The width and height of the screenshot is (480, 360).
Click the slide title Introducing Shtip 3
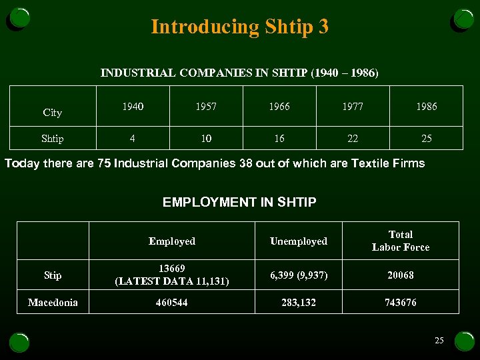pyautogui.click(x=239, y=27)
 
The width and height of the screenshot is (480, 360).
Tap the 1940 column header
pyautogui.click(x=132, y=106)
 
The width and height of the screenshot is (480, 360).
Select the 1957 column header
pyautogui.click(x=205, y=106)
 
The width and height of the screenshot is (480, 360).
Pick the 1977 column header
pyautogui.click(x=353, y=106)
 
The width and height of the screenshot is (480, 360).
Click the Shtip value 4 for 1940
pyautogui.click(x=132, y=139)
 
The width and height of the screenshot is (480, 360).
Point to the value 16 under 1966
pyautogui.click(x=279, y=139)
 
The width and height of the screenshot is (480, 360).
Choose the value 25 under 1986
pyautogui.click(x=426, y=139)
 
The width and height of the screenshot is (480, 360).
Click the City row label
pyautogui.click(x=52, y=113)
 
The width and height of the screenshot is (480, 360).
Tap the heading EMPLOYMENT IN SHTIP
pyautogui.click(x=239, y=202)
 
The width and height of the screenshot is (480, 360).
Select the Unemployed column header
pyautogui.click(x=298, y=241)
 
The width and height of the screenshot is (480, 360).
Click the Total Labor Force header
pyautogui.click(x=400, y=241)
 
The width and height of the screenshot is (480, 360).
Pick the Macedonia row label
pyautogui.click(x=53, y=303)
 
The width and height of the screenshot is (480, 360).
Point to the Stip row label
pyautogui.click(x=53, y=275)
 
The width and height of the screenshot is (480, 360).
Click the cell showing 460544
pyautogui.click(x=171, y=303)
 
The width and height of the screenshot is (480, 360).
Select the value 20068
pyautogui.click(x=400, y=275)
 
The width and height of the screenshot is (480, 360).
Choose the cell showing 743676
pyautogui.click(x=400, y=303)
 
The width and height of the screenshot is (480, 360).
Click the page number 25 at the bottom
pyautogui.click(x=439, y=341)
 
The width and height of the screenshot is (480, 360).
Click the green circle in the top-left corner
pyautogui.click(x=19, y=18)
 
